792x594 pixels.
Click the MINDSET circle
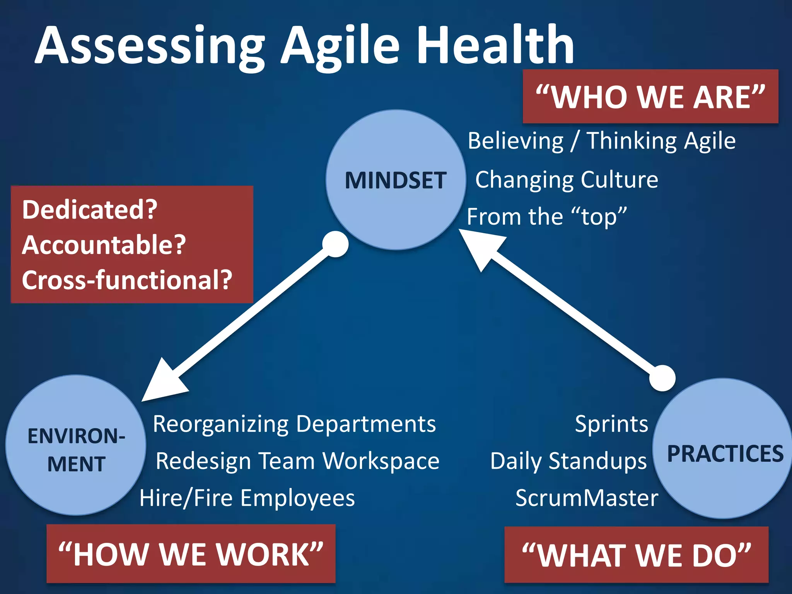396,180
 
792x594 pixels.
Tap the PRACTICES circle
722,449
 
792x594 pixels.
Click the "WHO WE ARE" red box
650,97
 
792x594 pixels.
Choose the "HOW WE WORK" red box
191,554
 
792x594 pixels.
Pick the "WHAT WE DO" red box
636,555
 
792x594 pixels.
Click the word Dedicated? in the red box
90,210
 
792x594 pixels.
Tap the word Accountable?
104,245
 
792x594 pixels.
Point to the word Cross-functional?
127,280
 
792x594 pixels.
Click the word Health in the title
495,46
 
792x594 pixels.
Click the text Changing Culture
567,180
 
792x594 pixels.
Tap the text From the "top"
546,217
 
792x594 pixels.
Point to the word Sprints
611,424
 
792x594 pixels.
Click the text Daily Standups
568,461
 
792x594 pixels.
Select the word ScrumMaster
587,498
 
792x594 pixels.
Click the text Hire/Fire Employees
247,498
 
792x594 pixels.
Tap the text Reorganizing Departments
294,424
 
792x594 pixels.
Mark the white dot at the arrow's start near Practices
662,378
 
